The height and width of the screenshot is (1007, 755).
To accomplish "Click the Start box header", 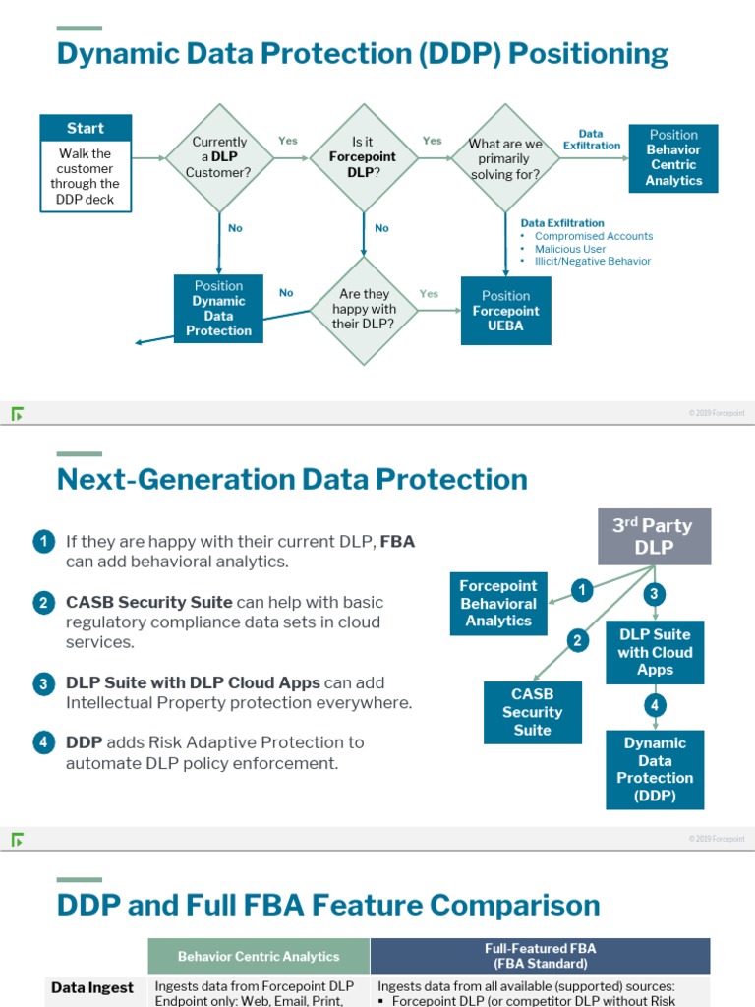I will (86, 129).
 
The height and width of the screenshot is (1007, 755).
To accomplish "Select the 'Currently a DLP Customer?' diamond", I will (218, 157).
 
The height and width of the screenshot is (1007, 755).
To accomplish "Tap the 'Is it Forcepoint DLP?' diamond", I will (362, 157).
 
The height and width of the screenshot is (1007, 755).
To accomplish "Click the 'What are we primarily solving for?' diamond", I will (505, 157).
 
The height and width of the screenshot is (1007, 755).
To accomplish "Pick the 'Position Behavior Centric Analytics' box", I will (673, 157).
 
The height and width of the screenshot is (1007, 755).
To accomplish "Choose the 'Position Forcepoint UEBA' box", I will (505, 311).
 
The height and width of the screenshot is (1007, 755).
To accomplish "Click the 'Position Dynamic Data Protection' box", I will (218, 309).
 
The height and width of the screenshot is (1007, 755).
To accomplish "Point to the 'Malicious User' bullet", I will (570, 249).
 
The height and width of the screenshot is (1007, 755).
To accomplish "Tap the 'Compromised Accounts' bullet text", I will (593, 236).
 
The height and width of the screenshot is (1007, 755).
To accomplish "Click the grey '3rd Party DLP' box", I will (654, 536).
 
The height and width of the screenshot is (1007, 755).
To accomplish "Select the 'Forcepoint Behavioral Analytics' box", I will (497, 603).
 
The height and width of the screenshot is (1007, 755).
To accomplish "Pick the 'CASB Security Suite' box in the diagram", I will (532, 712).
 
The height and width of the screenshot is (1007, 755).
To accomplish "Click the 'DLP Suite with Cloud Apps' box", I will (655, 652).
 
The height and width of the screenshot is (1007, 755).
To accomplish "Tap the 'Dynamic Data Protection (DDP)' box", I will (655, 769).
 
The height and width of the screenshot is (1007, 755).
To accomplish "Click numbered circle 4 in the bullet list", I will (43, 743).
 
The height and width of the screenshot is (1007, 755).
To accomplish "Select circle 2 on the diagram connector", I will (578, 641).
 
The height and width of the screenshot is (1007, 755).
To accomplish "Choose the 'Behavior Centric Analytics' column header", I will (259, 956).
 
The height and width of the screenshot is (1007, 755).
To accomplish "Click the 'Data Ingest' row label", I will (92, 987).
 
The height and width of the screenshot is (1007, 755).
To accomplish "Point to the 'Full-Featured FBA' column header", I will (540, 956).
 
